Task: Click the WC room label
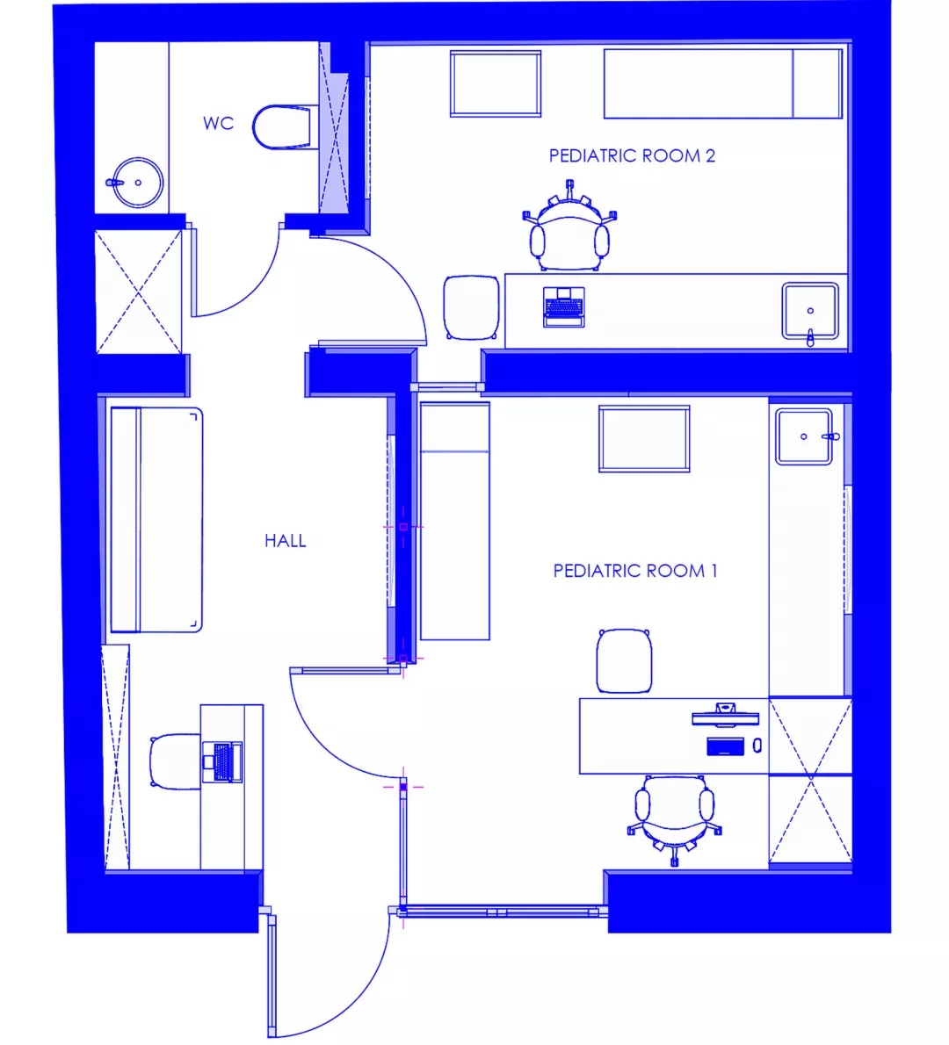coord(218,123)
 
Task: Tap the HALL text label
coord(286,540)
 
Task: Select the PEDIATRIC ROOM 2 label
coord(632,156)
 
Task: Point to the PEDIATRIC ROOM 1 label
coord(635,571)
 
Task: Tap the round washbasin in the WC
coord(136,182)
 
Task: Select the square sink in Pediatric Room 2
coord(810,312)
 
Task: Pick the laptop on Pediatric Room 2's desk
coord(564,307)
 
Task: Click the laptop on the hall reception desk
coord(222,761)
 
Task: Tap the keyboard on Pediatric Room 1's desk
coord(725,746)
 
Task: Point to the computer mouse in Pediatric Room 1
coord(757,745)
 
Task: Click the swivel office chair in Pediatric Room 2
coord(569,228)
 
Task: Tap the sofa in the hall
coord(156,520)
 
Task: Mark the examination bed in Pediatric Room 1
coord(455,521)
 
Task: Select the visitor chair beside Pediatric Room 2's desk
coord(472,307)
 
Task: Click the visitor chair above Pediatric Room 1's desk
coord(624,660)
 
